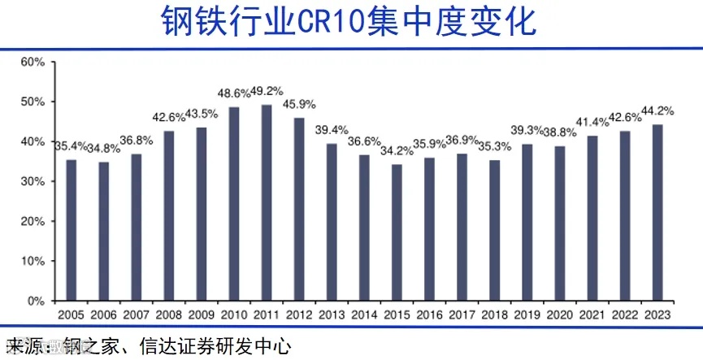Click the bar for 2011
267,202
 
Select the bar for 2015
397,232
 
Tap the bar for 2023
657,212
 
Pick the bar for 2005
72,230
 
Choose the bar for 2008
169,215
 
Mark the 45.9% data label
300,105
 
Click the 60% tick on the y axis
33,63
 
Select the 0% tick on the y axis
36,301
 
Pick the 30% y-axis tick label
33,182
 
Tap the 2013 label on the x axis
332,314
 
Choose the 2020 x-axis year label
559,314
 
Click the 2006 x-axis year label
104,314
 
